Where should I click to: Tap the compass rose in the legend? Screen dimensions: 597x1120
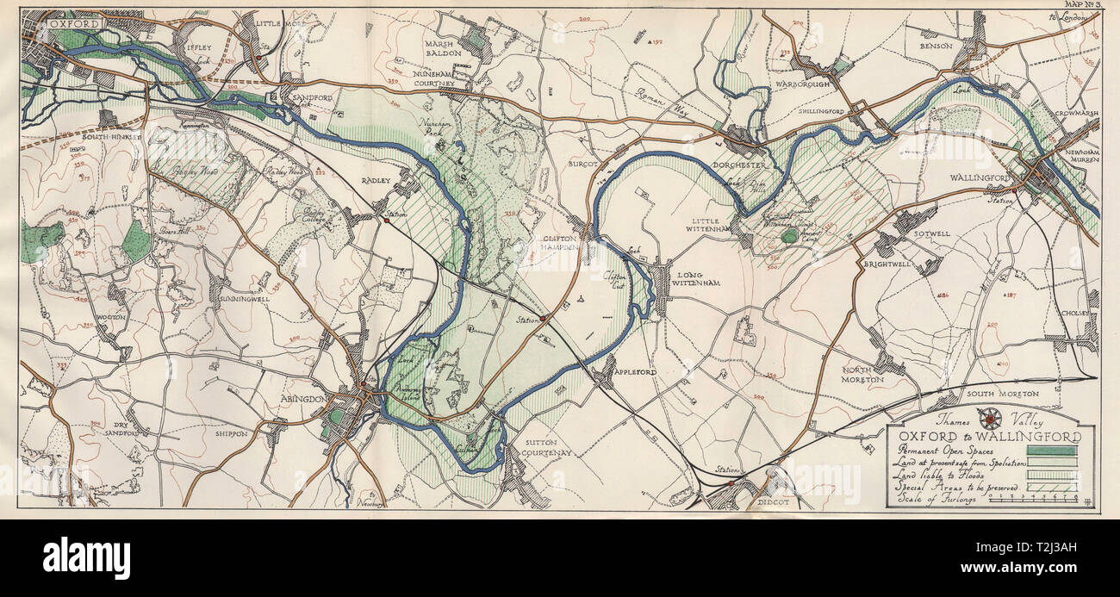(991, 420)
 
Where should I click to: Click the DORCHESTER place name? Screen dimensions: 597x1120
(737, 165)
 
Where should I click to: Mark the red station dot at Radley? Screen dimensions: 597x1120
(387, 221)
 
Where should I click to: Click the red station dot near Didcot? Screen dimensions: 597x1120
(731, 483)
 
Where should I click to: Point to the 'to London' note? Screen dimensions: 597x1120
(1065, 17)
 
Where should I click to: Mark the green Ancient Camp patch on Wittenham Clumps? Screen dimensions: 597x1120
(788, 234)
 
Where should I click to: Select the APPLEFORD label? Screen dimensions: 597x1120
(635, 371)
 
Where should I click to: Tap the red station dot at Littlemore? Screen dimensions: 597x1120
(258, 58)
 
